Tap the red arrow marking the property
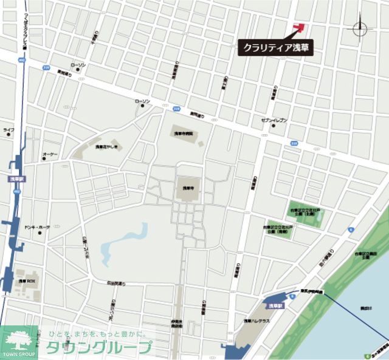[x=298, y=27]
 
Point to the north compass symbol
[x=359, y=27]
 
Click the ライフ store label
[x=9, y=130]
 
